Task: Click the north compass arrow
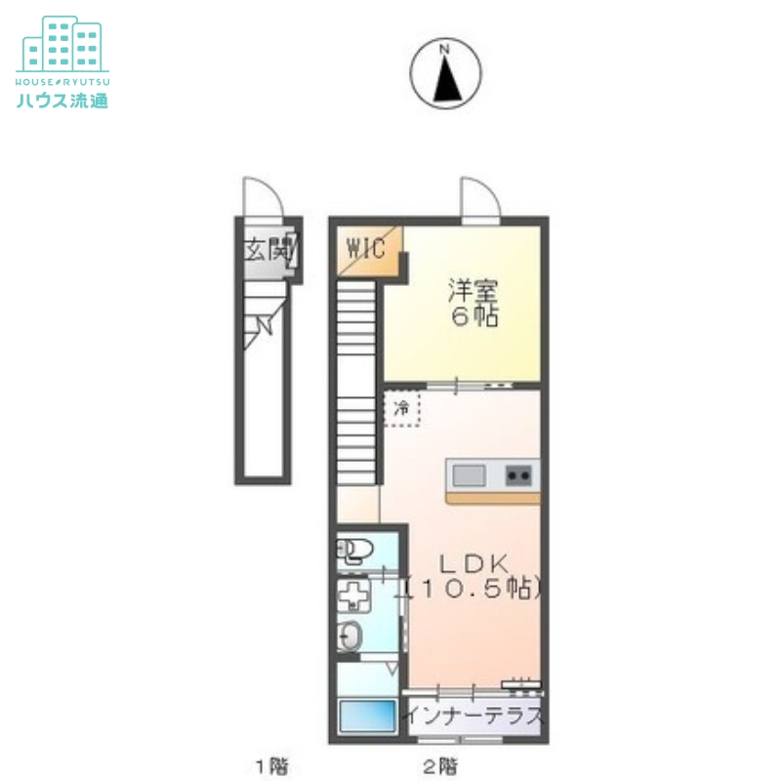pyautogui.click(x=447, y=80)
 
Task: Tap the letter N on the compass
pyautogui.click(x=445, y=50)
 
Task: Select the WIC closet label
pyautogui.click(x=366, y=248)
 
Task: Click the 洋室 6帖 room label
pyautogui.click(x=473, y=303)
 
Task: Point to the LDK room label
pyautogui.click(x=473, y=564)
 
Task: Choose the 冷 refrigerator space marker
pyautogui.click(x=401, y=409)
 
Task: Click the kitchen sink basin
pyautogui.click(x=469, y=475)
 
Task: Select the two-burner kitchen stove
pyautogui.click(x=518, y=475)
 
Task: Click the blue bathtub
pyautogui.click(x=368, y=716)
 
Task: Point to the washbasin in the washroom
pyautogui.click(x=349, y=636)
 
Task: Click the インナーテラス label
pyautogui.click(x=473, y=717)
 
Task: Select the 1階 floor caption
pyautogui.click(x=271, y=765)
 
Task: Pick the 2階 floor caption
pyautogui.click(x=440, y=765)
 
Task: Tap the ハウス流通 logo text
pyautogui.click(x=62, y=101)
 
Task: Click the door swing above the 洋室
pyautogui.click(x=480, y=198)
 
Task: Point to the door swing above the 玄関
pyautogui.click(x=263, y=197)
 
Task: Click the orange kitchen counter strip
pyautogui.click(x=493, y=498)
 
